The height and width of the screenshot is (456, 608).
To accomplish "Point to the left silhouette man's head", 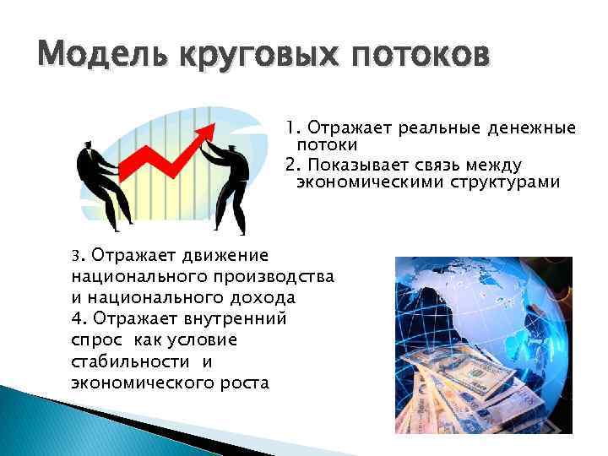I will [x=87, y=150].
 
